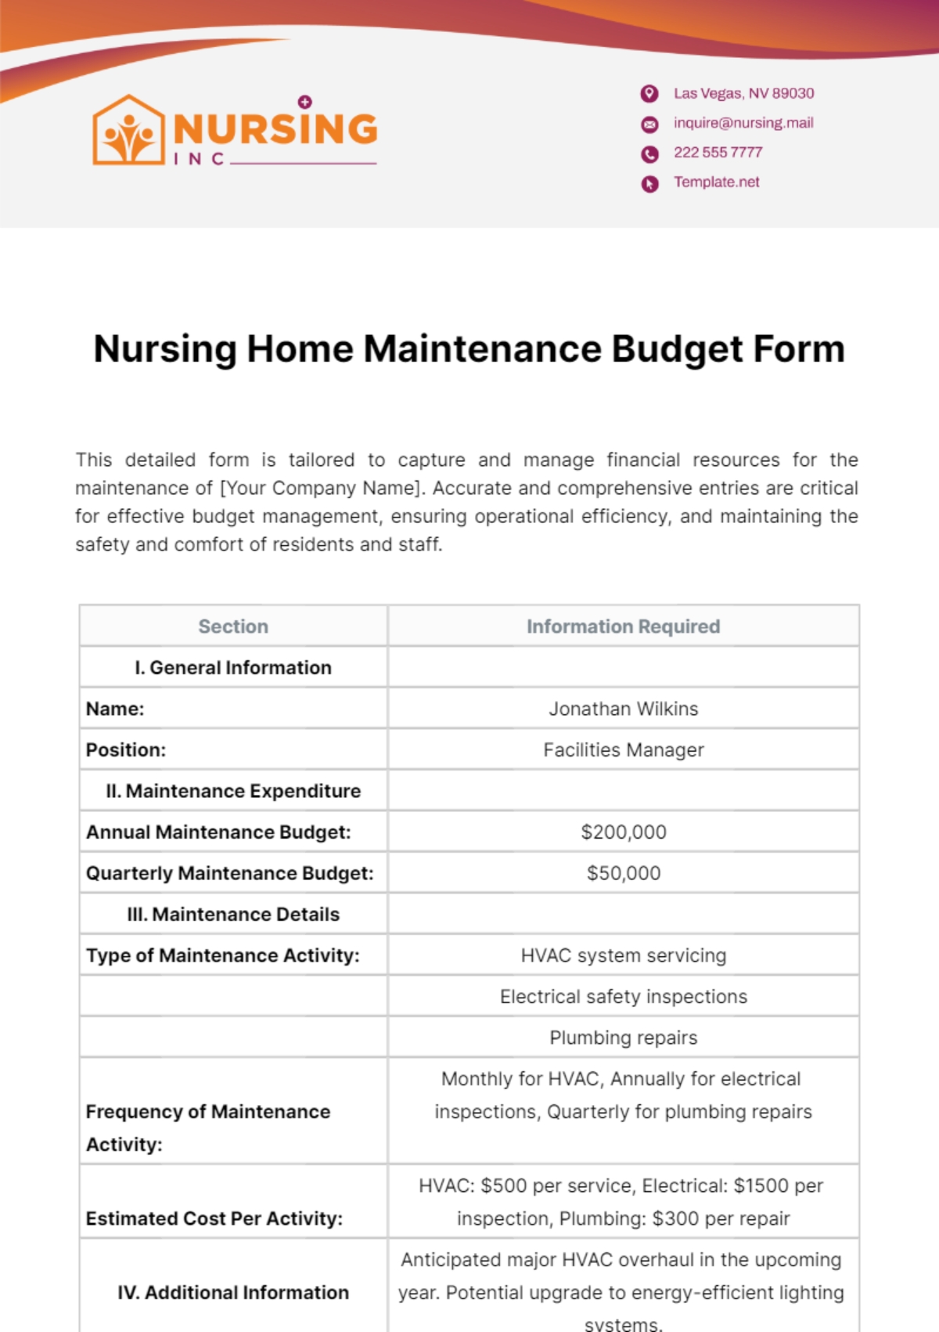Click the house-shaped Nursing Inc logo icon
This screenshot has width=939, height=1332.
[x=128, y=131]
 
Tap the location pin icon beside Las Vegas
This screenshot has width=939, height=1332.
[x=649, y=94]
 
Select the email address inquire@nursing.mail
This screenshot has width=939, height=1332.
[x=743, y=123]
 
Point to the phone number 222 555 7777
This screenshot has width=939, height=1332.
[x=718, y=153]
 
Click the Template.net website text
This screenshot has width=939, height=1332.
[x=717, y=182]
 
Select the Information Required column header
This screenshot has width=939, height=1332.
[x=623, y=626]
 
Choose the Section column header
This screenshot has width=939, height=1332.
[x=233, y=626]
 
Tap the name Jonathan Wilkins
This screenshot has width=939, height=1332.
[x=623, y=709]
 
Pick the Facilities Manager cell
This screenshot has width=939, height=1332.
[x=623, y=750]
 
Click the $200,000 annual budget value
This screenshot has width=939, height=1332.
[x=623, y=832]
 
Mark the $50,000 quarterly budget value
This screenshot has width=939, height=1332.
[x=623, y=873]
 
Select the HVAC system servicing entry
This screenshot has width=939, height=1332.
[x=623, y=955]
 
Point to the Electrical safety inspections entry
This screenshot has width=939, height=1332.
[x=623, y=997]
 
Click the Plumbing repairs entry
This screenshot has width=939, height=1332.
[x=623, y=1038]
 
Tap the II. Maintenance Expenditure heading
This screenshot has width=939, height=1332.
[x=233, y=791]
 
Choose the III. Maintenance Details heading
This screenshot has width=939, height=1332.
[x=233, y=915]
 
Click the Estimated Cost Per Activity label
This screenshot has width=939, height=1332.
[x=214, y=1218]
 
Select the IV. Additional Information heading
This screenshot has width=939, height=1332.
[x=233, y=1292]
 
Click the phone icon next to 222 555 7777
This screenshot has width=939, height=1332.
[x=649, y=154]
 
